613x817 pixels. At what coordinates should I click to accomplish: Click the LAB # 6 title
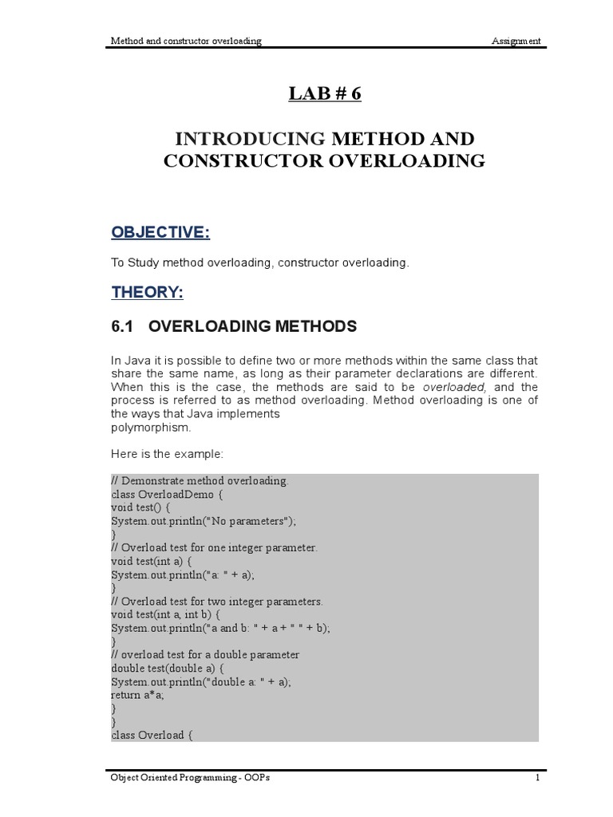(324, 94)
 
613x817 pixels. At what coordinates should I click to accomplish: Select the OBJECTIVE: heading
(160, 231)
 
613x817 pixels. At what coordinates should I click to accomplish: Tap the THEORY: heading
(147, 293)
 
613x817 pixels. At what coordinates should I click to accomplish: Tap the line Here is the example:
(168, 453)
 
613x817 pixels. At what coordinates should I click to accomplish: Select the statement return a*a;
(135, 694)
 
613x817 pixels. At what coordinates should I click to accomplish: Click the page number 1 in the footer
(537, 778)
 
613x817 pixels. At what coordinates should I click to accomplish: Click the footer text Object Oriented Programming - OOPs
(190, 778)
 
